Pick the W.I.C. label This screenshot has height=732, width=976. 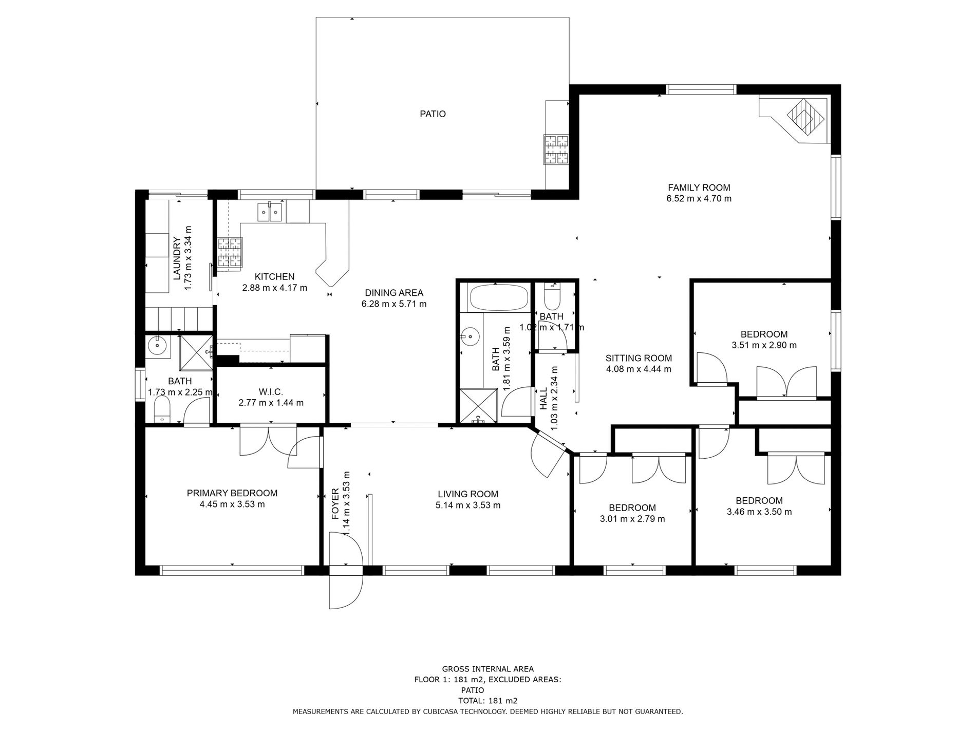click(x=271, y=392)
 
